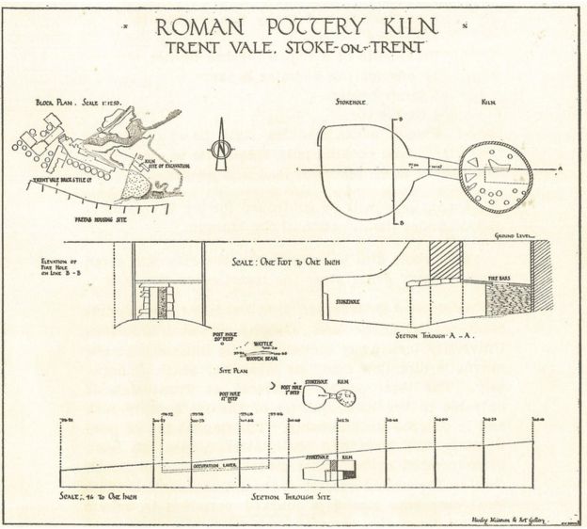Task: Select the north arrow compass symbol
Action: [x=219, y=145]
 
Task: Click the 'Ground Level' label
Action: [x=516, y=235]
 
